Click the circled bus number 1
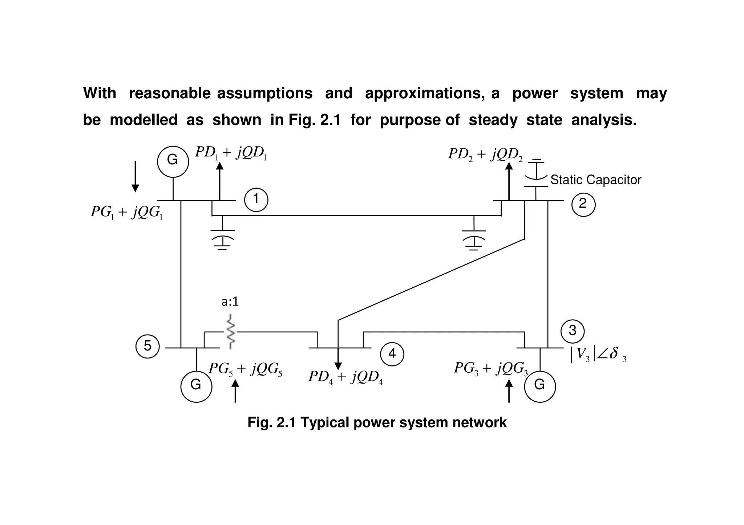256,200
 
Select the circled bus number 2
583,204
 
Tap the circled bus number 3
572,331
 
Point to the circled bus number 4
392,353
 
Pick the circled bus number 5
147,346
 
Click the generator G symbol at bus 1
173,161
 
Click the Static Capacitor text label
596,180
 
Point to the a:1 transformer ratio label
230,302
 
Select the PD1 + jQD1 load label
231,153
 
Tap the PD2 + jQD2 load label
485,155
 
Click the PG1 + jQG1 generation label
126,212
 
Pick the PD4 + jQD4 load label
345,377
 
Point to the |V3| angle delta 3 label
598,354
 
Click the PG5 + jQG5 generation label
245,369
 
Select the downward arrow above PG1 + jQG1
135,176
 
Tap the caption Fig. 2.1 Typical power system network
377,423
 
